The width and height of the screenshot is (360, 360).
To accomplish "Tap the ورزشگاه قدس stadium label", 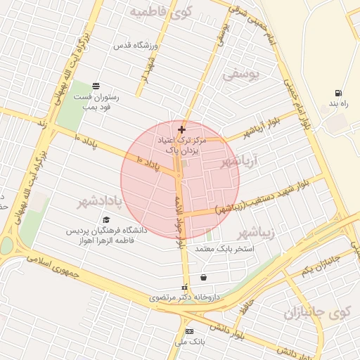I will coord(139,46).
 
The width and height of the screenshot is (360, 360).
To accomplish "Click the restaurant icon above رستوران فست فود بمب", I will coord(96,86).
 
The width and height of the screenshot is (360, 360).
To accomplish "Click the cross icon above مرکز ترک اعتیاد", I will coord(181,129).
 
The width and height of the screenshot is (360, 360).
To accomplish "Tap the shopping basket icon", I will coord(203,277).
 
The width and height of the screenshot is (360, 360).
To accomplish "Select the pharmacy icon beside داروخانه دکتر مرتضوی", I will coord(185,287).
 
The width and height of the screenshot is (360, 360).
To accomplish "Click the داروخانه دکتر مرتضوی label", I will coord(184,297).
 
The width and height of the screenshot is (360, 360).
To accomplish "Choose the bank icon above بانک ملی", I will coord(188,330).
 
